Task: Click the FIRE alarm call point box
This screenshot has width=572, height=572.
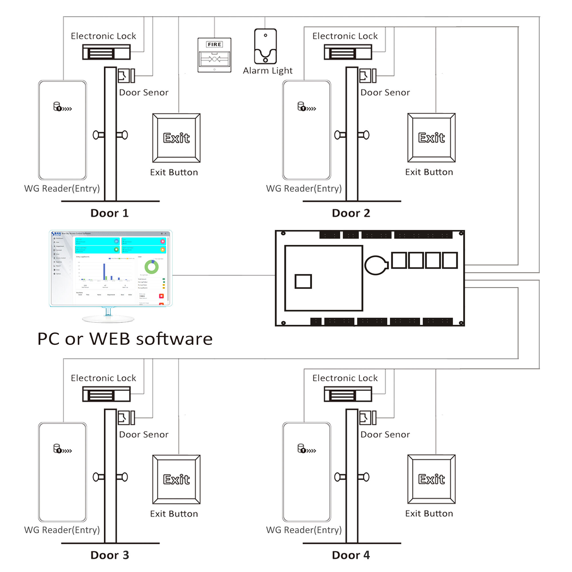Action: coord(214,55)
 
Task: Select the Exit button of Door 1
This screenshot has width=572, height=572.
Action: coord(176,138)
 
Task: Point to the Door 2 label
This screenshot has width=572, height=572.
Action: coord(351,213)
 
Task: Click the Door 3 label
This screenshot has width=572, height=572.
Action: coord(110,555)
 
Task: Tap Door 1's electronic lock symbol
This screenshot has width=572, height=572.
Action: coord(106,52)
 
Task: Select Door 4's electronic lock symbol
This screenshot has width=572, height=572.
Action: coord(347,394)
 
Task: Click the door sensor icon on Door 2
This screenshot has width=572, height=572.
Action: coord(368,76)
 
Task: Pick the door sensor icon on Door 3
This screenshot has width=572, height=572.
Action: coord(126,418)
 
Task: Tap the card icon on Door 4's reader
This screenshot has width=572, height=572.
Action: coord(306,448)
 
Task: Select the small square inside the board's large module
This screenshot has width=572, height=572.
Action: coord(303,281)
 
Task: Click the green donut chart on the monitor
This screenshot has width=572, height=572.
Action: coord(152,267)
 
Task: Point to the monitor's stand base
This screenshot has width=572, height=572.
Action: coord(108,319)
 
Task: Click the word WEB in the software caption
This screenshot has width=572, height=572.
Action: coord(110,339)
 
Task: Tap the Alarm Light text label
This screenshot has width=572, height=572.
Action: coord(267,71)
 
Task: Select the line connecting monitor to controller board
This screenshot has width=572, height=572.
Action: coord(224,275)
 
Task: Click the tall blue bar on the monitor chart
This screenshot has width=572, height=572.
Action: coord(104,271)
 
